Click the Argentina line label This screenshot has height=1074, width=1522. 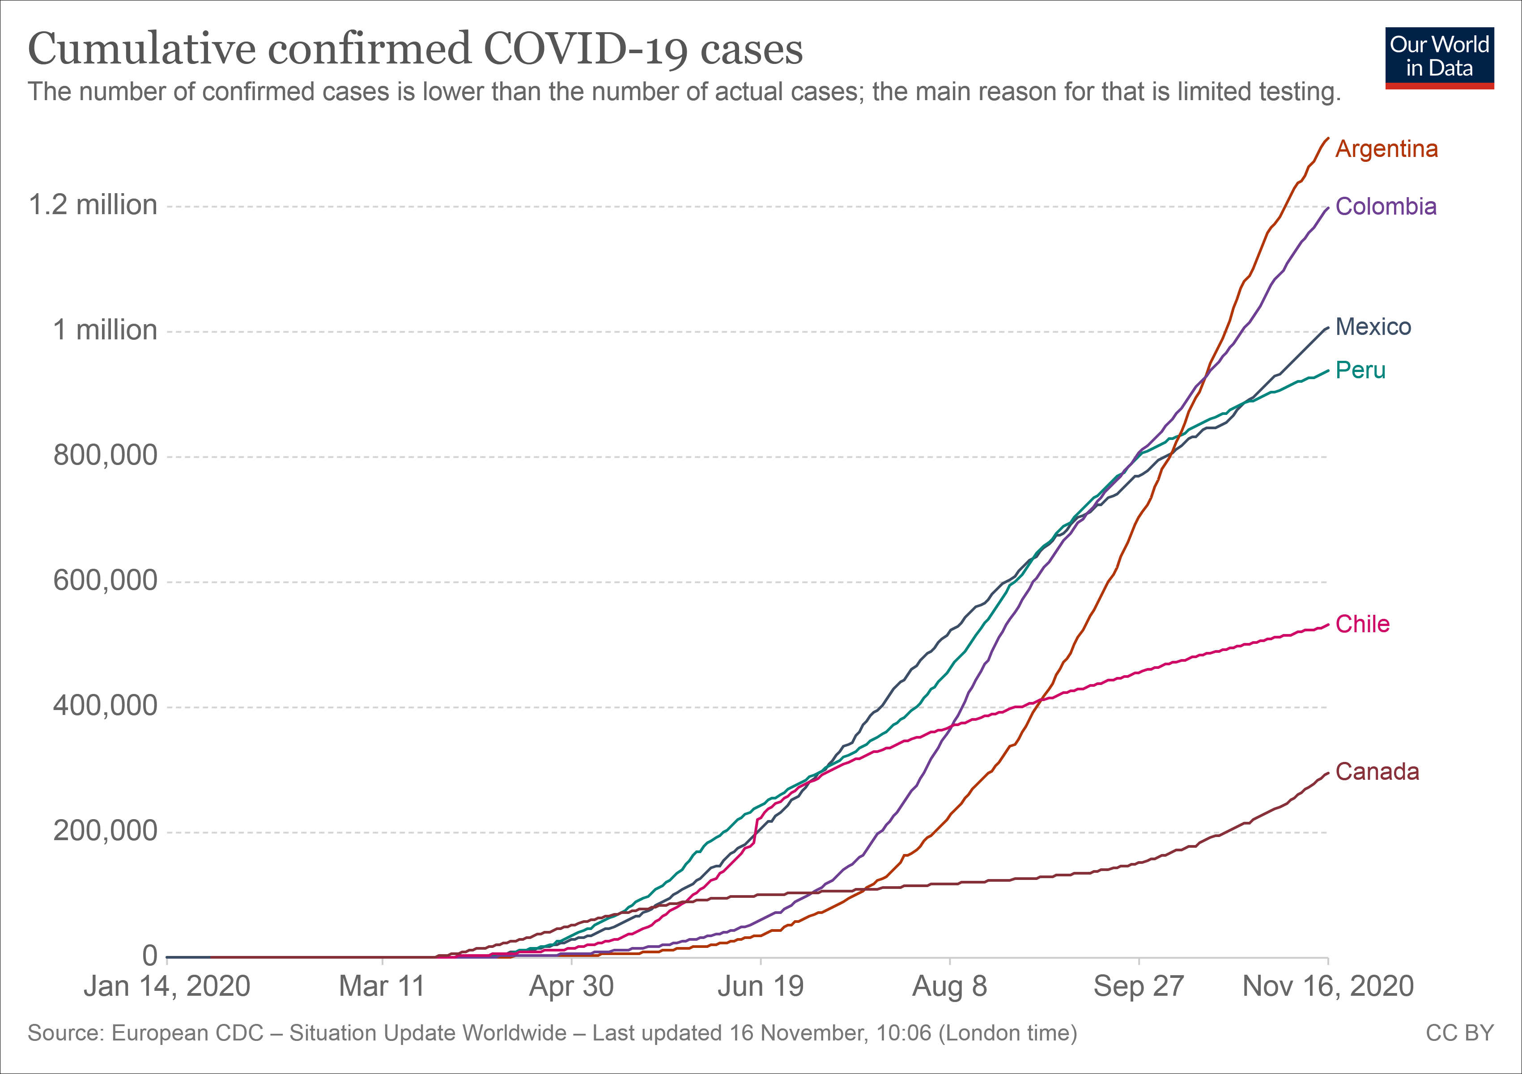point(1386,149)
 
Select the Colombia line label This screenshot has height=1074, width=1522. point(1386,207)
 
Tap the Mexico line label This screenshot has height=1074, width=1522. point(1373,327)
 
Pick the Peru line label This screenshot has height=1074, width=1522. point(1360,370)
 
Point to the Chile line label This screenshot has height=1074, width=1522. point(1362,624)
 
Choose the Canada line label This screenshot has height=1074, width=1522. point(1377,772)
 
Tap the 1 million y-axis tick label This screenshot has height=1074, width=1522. point(105,330)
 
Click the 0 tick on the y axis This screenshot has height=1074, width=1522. point(150,956)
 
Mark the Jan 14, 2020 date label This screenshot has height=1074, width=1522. point(166,986)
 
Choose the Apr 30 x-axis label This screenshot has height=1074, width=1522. point(571,986)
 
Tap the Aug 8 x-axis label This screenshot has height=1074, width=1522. point(949,986)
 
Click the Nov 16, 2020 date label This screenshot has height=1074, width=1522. point(1328,986)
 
